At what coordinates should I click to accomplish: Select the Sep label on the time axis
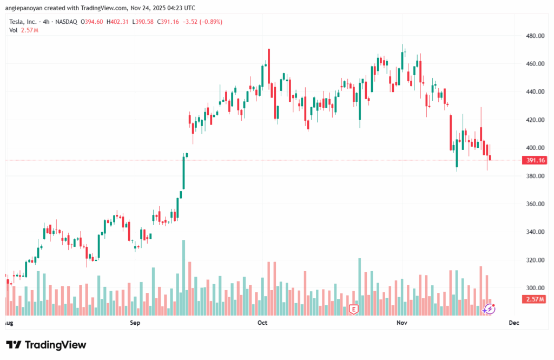(x=135, y=323)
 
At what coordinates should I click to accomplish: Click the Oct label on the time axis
(x=262, y=323)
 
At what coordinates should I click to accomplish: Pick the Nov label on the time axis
(x=401, y=323)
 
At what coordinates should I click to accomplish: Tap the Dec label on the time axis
(x=514, y=323)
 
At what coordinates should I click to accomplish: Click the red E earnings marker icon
(x=354, y=309)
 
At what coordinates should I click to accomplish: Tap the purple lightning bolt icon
(x=489, y=309)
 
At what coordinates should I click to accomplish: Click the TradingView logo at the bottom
(x=46, y=345)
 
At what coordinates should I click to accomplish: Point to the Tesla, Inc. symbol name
(x=24, y=22)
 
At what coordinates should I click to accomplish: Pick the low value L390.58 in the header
(x=143, y=22)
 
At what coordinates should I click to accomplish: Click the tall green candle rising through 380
(x=183, y=173)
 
